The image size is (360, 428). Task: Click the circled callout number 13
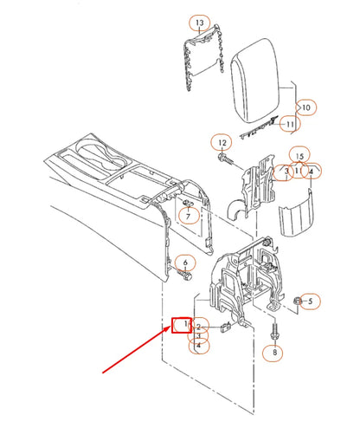coord(200,22)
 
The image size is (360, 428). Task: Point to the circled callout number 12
coord(222,142)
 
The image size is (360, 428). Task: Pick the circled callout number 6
coord(183,263)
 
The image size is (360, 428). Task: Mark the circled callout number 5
coord(312,301)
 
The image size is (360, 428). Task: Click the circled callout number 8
coord(275,353)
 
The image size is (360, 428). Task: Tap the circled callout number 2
coord(200,327)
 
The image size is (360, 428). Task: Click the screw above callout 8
coord(274,330)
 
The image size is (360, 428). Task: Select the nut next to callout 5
coord(296,302)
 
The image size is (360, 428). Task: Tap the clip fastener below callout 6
coord(185,277)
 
